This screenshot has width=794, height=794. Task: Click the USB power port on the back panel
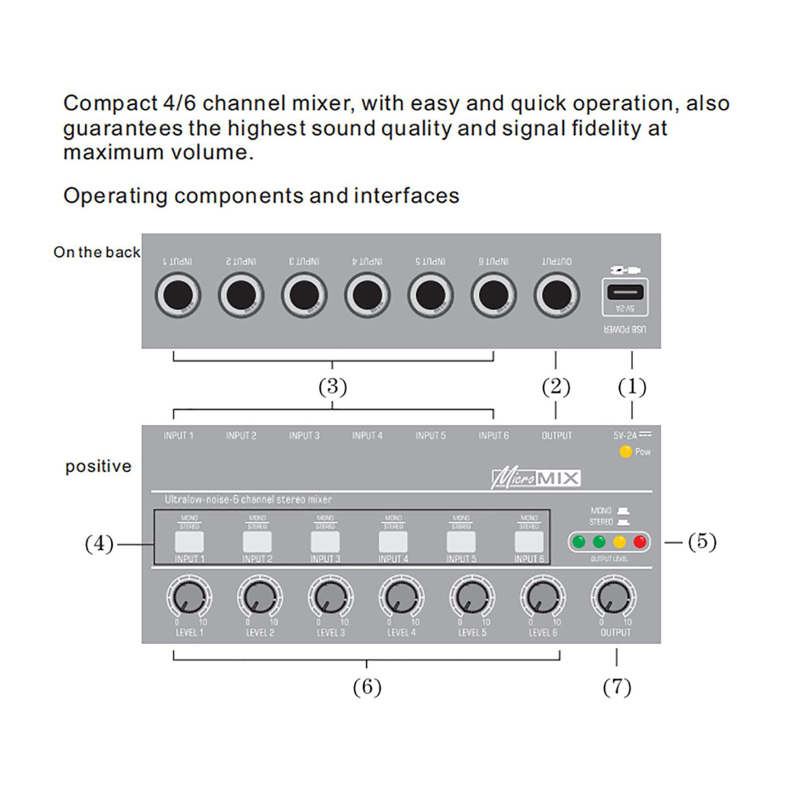pos(625,293)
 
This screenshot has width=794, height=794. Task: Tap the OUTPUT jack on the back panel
pos(556,295)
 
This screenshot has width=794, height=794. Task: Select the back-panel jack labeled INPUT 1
pos(178,295)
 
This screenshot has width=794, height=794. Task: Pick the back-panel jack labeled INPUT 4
pos(367,295)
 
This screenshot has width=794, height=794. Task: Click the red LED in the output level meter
pos(640,541)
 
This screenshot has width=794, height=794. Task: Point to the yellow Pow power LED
pos(625,452)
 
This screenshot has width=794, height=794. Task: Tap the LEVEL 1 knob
pos(189,597)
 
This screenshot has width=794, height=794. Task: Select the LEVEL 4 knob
pos(401,597)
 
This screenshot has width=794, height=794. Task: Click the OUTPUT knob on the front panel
pos(614,597)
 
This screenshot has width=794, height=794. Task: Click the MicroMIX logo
pos(536,479)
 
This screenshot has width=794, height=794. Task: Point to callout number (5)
pos(702,542)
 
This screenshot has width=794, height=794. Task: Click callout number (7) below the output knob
pos(617,687)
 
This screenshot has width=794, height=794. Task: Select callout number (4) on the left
pos(99,544)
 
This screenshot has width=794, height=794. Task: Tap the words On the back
pos(97,252)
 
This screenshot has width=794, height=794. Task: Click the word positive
pos(98,466)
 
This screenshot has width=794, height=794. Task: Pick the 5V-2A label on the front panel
pos(625,436)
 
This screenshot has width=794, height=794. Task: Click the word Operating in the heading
pos(115,196)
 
